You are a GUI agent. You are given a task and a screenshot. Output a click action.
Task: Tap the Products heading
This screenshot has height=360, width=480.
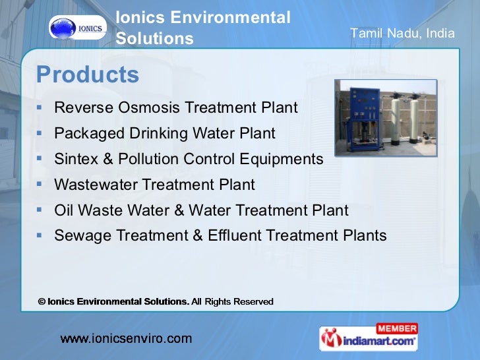88,75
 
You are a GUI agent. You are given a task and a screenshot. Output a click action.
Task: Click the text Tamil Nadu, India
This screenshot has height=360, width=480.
402,33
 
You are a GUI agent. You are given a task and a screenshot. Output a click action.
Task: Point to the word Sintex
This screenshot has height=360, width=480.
76,159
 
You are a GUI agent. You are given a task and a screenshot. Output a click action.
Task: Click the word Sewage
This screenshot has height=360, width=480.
80,235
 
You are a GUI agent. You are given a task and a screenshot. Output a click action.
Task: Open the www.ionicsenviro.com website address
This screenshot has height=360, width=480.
126,339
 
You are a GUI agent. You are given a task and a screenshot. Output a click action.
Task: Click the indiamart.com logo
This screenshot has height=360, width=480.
369,341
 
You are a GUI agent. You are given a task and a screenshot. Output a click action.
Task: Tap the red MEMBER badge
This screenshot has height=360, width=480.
397,328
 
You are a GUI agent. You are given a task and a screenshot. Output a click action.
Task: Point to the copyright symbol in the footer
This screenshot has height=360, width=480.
42,301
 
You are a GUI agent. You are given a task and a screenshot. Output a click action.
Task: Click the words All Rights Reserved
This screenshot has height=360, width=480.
232,301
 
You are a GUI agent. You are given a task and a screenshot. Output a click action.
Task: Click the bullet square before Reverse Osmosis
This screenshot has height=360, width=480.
40,105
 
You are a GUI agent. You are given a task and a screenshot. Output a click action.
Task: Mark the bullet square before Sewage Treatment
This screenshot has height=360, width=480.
40,234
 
